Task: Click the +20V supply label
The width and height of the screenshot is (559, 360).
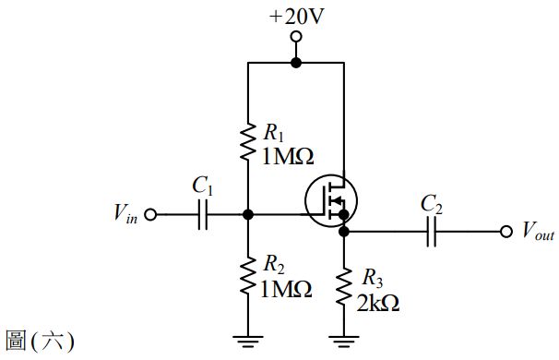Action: (x=296, y=15)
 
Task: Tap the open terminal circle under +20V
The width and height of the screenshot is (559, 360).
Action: (x=296, y=37)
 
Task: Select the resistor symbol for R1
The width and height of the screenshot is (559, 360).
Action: (x=248, y=140)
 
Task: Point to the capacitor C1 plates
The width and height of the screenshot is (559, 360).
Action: (x=203, y=214)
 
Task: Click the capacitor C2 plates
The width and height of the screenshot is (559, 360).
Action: (x=430, y=232)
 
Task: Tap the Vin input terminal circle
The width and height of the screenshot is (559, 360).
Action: (x=151, y=214)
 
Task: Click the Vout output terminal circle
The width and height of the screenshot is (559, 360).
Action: (x=505, y=232)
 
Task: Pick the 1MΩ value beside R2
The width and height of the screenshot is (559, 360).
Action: (x=287, y=290)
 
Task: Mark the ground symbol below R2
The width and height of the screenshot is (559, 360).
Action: (x=248, y=341)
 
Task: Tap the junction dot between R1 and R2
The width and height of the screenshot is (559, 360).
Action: (x=248, y=214)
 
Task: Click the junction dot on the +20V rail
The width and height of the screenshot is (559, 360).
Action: (x=296, y=63)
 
